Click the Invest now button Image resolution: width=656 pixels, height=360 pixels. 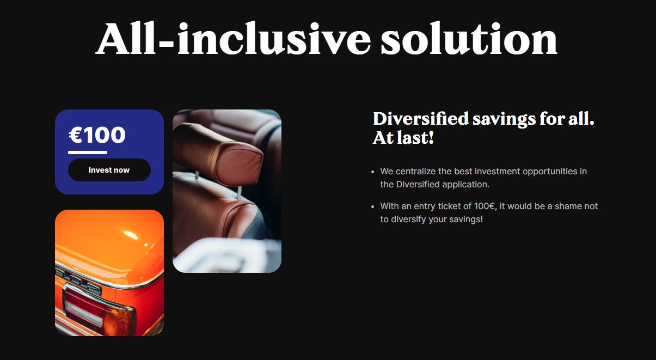[109, 170]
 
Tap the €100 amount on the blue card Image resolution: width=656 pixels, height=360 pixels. [97, 135]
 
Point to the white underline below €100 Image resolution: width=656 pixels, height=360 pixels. [88, 152]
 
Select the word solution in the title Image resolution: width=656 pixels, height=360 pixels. [469, 38]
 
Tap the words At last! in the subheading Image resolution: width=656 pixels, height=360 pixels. [403, 138]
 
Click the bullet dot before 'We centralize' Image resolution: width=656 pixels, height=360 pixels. [372, 172]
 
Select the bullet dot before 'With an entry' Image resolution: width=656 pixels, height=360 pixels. [372, 207]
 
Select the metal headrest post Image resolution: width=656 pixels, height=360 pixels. [240, 193]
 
